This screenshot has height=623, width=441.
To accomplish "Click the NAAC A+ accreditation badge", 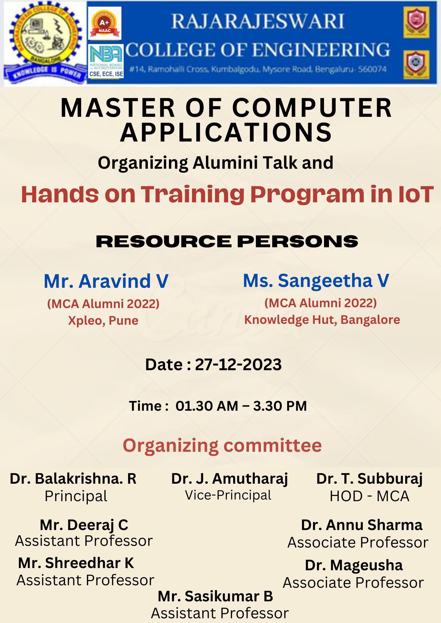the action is click(x=104, y=23).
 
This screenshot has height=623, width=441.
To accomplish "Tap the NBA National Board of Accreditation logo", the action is click(x=106, y=61).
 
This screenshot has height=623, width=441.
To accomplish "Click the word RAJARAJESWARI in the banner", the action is click(x=258, y=21).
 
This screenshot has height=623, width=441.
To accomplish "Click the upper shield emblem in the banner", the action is click(x=416, y=22).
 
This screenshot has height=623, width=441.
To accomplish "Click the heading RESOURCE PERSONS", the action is click(x=227, y=241).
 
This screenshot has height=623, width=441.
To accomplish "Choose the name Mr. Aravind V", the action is click(x=106, y=281).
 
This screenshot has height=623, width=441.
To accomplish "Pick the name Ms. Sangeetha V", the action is click(x=316, y=281).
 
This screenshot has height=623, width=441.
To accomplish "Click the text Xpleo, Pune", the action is click(x=103, y=321).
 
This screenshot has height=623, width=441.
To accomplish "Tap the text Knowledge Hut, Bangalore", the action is click(x=322, y=320).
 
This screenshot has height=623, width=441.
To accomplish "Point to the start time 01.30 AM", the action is click(x=207, y=406).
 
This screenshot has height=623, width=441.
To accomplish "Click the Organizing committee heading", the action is click(x=222, y=446).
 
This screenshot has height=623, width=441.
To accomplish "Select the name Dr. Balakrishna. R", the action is click(x=73, y=479).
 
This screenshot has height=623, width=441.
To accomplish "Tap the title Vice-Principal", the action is click(x=228, y=495).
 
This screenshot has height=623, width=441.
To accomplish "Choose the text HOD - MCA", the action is click(x=369, y=496).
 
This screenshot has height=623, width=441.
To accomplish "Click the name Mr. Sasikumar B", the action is click(x=215, y=596).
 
